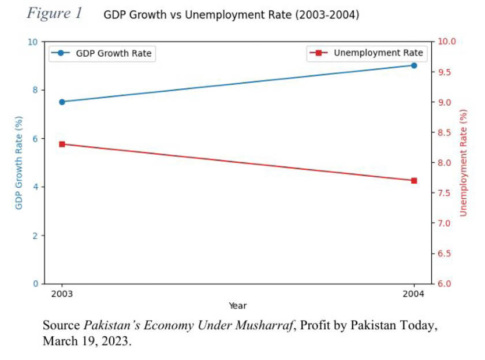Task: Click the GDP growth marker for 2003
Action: (62, 102)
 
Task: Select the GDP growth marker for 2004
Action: (414, 65)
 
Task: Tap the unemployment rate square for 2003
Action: (62, 144)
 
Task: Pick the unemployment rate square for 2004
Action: (414, 180)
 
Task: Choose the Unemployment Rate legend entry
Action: (367, 53)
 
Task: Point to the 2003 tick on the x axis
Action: (62, 294)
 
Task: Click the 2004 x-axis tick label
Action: (414, 294)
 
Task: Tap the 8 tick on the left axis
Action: (35, 90)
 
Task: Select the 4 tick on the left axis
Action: (35, 187)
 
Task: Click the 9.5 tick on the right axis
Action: (448, 72)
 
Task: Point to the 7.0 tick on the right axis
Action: (448, 224)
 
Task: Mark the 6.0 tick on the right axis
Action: (448, 284)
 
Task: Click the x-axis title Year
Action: (237, 306)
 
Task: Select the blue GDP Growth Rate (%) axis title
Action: (19, 163)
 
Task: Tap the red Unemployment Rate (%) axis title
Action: (463, 163)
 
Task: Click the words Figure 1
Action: (55, 14)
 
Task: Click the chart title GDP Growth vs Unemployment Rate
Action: (231, 15)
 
